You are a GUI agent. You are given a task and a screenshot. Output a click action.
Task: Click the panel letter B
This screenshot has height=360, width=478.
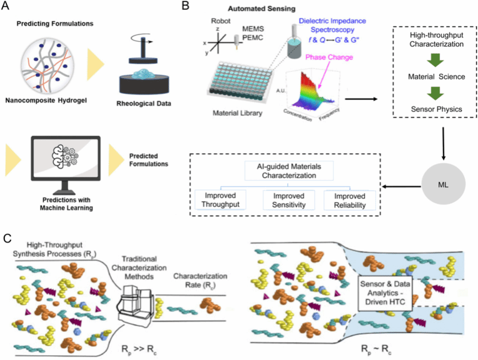coord(186,8)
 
